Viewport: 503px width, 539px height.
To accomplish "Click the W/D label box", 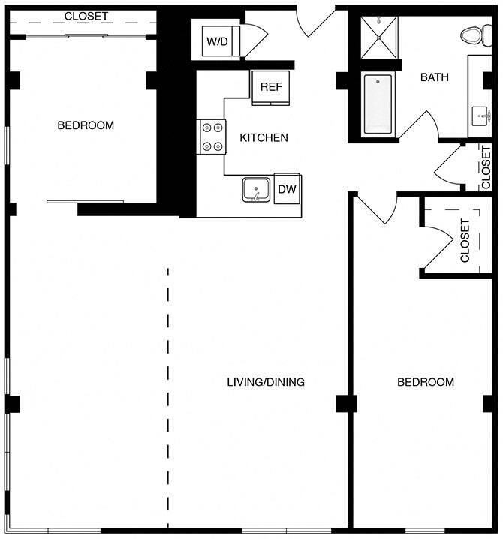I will tap(218, 41).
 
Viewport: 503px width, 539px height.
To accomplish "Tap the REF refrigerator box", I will tap(271, 87).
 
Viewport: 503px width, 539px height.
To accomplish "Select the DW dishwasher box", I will tap(287, 189).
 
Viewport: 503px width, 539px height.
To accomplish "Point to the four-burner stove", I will tap(212, 137).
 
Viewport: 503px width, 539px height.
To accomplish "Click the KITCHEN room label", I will tap(264, 137).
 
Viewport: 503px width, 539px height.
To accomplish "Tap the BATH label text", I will tap(435, 77).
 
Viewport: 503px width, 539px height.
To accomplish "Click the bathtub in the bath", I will tap(378, 104).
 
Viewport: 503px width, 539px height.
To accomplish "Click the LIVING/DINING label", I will tap(266, 382).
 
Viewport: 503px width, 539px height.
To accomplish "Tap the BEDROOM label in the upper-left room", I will tap(86, 125).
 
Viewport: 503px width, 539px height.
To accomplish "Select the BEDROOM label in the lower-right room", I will tap(426, 382).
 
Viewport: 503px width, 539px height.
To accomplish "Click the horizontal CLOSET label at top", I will tap(86, 16).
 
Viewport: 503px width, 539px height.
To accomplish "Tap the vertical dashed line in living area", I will tap(168, 398).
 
